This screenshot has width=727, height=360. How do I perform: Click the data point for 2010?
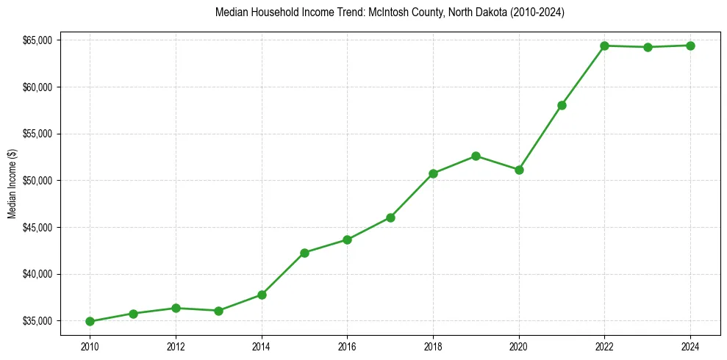(90, 321)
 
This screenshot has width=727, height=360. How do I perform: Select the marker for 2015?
(304, 253)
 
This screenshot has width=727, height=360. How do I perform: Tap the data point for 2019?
(476, 156)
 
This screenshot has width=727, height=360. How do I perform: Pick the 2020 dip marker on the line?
(519, 170)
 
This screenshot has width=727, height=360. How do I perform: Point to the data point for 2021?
(562, 105)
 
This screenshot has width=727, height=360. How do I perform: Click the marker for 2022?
(604, 46)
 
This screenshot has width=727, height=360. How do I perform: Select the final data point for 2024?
(690, 46)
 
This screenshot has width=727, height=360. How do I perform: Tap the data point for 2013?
(218, 311)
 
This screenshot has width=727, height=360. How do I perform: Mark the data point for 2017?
(390, 217)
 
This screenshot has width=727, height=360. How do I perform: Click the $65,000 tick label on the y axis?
(37, 40)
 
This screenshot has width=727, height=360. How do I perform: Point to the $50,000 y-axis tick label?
(37, 181)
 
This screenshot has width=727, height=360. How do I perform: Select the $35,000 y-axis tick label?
(37, 321)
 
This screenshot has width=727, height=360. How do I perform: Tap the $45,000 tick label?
(37, 228)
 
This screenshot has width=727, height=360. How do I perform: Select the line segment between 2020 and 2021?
(540, 137)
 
